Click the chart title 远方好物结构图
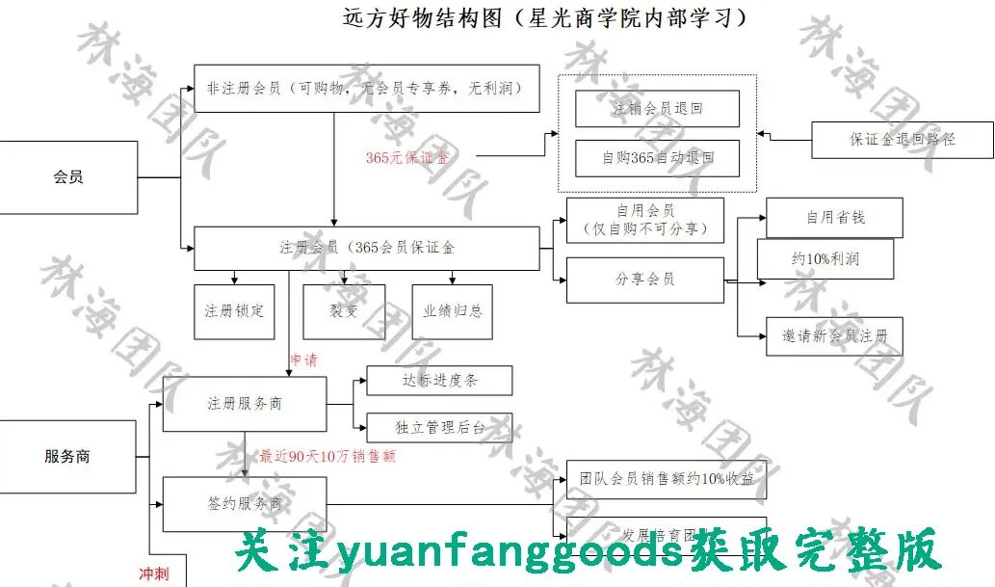pyautogui.click(x=544, y=17)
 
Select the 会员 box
pyautogui.click(x=68, y=177)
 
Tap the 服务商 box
pyautogui.click(x=67, y=456)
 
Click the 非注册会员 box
pyautogui.click(x=366, y=89)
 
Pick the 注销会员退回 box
pyautogui.click(x=657, y=109)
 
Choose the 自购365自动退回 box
pyautogui.click(x=657, y=158)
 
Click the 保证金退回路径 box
pyautogui.click(x=902, y=140)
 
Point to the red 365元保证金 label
pyautogui.click(x=406, y=157)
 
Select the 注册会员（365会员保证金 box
pyautogui.click(x=367, y=248)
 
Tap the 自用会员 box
pyautogui.click(x=644, y=220)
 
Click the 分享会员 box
pyautogui.click(x=644, y=280)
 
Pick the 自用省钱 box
pyautogui.click(x=834, y=218)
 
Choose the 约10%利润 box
pyautogui.click(x=825, y=259)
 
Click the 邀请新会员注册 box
pyautogui.click(x=834, y=336)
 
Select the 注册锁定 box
pyautogui.click(x=233, y=311)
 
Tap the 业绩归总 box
pyautogui.click(x=452, y=311)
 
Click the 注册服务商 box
pyautogui.click(x=245, y=404)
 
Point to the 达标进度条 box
pyautogui.click(x=439, y=381)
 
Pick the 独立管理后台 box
pyautogui.click(x=439, y=427)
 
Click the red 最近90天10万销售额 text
pyautogui.click(x=327, y=456)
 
